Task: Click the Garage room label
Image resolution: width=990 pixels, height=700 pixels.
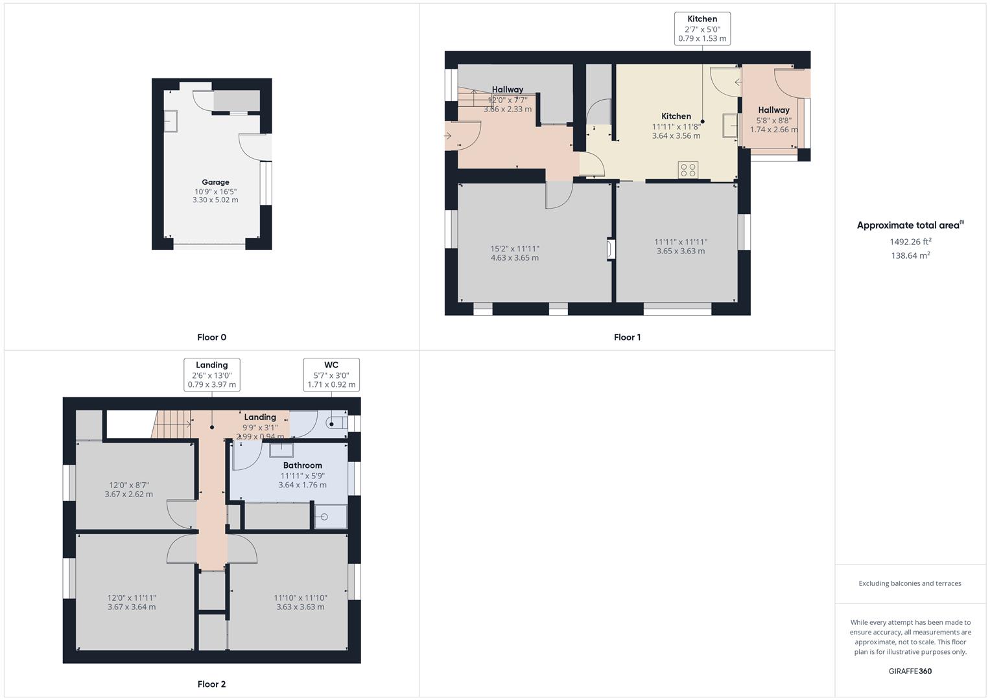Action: coord(215,182)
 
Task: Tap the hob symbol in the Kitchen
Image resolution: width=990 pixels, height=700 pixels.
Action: coord(688,170)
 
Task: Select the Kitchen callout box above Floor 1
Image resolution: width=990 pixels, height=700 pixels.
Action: coord(702,29)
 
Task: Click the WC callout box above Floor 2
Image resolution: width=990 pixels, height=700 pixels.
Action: coord(331,375)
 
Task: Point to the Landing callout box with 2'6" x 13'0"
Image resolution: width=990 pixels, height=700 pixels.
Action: coord(211,375)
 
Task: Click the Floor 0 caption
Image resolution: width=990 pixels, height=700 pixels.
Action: coord(211,337)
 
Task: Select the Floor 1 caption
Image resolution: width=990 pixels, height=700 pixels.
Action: coord(627,337)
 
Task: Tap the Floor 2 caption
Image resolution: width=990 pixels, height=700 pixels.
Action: coord(211,684)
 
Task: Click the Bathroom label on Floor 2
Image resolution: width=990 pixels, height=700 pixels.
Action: coord(302,465)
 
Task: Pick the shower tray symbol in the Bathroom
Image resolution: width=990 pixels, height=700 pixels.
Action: coord(331,517)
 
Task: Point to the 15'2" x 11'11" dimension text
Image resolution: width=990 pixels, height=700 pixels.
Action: coord(515,249)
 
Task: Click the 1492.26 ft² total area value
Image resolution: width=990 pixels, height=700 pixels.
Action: coord(910,242)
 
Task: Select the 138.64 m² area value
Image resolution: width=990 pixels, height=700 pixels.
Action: coord(910,255)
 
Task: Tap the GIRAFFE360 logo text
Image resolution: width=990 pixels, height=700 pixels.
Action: coord(910,671)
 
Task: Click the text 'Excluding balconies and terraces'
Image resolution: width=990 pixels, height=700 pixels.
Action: coord(910,583)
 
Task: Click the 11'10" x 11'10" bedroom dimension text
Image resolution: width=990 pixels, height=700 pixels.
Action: coord(300,598)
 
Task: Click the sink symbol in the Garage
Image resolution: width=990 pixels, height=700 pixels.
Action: coord(171,121)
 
